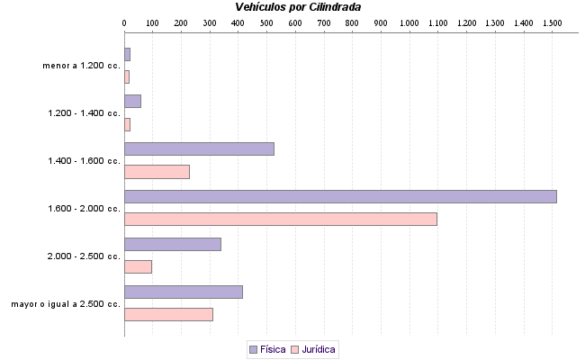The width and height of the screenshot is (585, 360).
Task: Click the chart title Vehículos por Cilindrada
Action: [298, 7]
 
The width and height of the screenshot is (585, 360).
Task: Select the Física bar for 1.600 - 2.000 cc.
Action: [340, 196]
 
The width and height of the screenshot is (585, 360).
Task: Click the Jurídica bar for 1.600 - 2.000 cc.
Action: [280, 219]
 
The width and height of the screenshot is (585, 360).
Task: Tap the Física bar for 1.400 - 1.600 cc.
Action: [199, 149]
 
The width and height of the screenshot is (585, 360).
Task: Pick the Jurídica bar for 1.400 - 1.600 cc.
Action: [157, 172]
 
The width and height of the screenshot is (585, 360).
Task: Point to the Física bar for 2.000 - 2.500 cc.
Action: [172, 244]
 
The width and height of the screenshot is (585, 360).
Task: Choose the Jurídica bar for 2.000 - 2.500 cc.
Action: [138, 266]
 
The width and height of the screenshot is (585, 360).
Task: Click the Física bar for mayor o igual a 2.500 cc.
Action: [184, 292]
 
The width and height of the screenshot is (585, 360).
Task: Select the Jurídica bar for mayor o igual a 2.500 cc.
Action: [168, 314]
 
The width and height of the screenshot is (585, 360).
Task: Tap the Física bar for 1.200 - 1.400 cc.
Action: [132, 101]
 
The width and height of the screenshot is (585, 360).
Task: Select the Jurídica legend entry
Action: [314, 349]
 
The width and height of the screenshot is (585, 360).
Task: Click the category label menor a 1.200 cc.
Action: [81, 66]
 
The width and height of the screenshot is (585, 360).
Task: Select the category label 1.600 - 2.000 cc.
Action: [85, 209]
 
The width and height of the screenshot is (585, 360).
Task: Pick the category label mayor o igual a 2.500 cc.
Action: [66, 304]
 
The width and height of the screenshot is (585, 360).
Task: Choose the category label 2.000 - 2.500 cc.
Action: [85, 256]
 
